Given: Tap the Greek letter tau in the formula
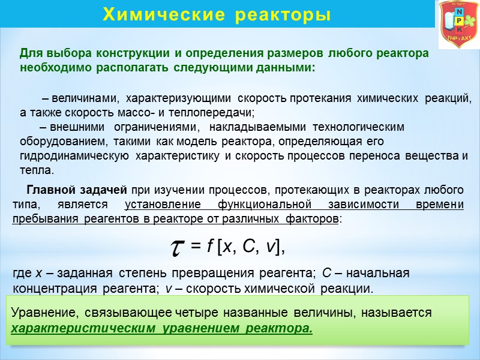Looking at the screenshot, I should click(x=178, y=247).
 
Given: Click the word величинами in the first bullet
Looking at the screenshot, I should click(x=84, y=97).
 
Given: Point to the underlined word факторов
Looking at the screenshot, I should click(x=313, y=220).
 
